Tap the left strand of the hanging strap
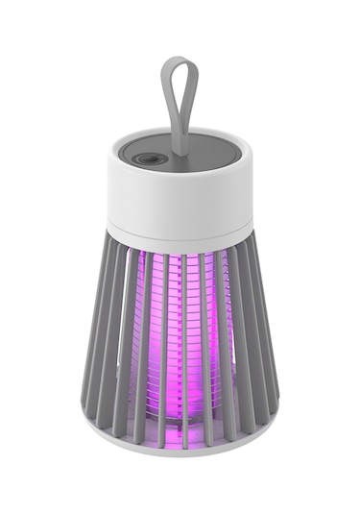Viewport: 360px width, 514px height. tap(169, 106)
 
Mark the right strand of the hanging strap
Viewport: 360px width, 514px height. tap(191, 106)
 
